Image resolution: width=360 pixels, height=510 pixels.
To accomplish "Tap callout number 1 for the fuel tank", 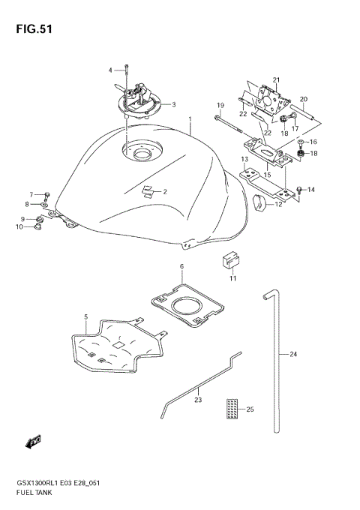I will tap(191, 119).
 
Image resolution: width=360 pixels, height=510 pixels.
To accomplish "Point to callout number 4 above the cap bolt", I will tap(110, 70).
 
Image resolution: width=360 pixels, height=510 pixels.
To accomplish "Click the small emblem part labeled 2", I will tap(151, 190).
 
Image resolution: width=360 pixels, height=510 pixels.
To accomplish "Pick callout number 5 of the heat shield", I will tap(85, 317).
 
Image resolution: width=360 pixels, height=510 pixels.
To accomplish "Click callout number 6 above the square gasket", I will tap(181, 266).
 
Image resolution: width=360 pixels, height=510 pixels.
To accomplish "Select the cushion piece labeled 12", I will tap(262, 202).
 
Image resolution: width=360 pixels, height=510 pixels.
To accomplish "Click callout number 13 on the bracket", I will tap(244, 160).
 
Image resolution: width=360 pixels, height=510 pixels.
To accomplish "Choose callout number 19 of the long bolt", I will tap(220, 104).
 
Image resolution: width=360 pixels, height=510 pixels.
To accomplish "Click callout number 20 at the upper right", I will tap(304, 99).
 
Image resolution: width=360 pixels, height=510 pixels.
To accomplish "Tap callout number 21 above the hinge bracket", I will tap(275, 79).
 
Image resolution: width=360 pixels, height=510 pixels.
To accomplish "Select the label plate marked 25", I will tap(232, 409).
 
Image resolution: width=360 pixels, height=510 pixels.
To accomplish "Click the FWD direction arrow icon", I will tap(34, 443).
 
